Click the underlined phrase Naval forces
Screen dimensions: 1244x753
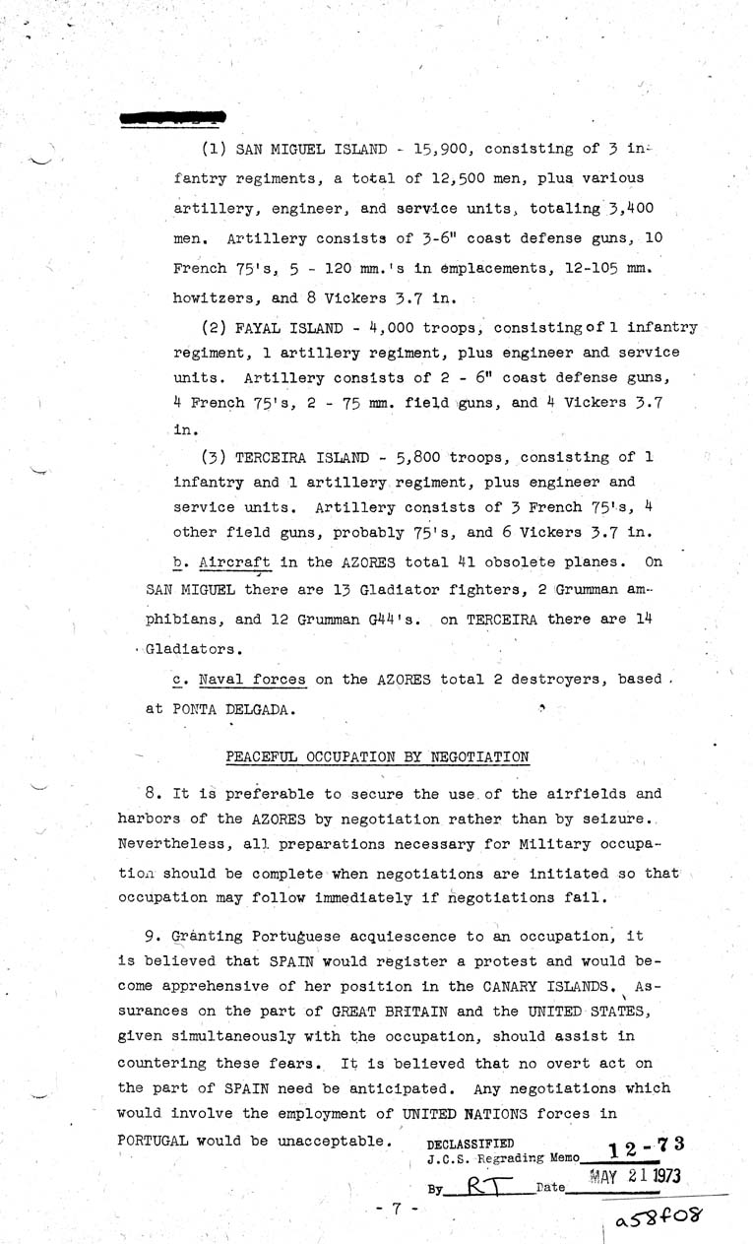click(x=250, y=680)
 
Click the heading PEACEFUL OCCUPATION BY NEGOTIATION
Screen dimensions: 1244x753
click(x=377, y=757)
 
